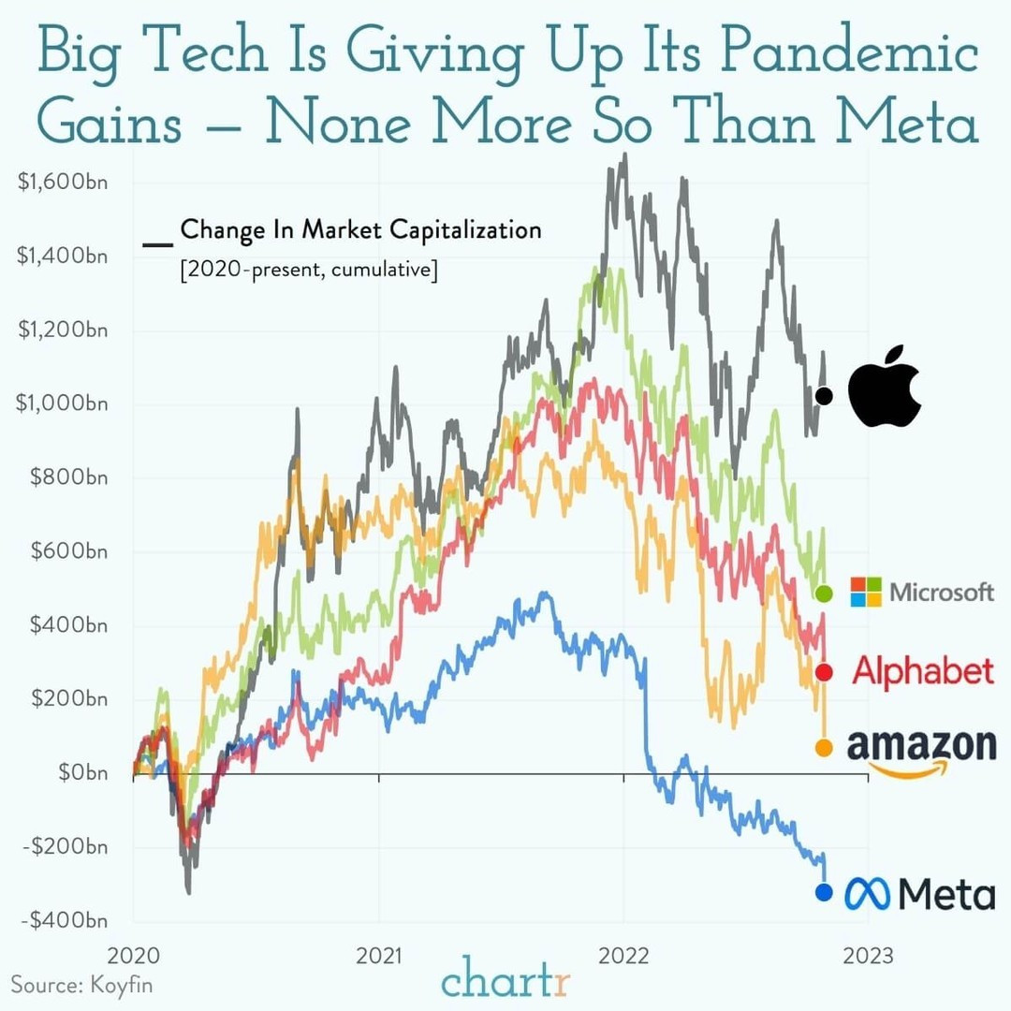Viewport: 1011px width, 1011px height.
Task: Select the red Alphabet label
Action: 922,671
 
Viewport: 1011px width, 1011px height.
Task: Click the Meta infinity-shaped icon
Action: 869,894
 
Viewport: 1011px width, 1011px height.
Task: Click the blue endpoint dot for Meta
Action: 824,893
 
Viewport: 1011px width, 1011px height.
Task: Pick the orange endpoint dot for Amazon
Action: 824,748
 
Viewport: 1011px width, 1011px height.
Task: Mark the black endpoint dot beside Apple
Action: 824,396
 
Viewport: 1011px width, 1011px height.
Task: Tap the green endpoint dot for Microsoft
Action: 824,593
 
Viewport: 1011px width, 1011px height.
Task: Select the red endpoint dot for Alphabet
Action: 824,672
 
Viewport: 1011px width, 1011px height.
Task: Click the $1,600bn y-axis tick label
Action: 62,182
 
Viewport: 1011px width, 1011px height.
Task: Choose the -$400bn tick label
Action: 65,921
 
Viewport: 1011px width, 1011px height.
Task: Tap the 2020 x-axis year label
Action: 134,956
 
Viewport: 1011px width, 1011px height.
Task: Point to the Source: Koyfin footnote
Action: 81,985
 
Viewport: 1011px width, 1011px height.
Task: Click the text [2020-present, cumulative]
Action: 308,271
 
